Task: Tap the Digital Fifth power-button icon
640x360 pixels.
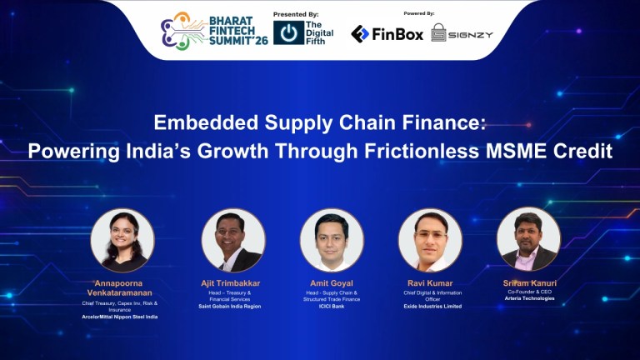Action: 288,33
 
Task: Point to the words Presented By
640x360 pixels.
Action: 296,14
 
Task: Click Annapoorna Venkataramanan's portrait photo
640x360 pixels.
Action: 123,240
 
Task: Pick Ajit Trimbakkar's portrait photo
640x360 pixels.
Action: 232,240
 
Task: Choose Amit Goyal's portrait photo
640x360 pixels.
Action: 332,240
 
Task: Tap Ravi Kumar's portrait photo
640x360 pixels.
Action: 430,240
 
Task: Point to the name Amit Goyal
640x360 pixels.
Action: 332,283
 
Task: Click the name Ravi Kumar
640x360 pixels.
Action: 430,283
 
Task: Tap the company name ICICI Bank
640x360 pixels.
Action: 332,307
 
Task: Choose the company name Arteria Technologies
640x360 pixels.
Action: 528,297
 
